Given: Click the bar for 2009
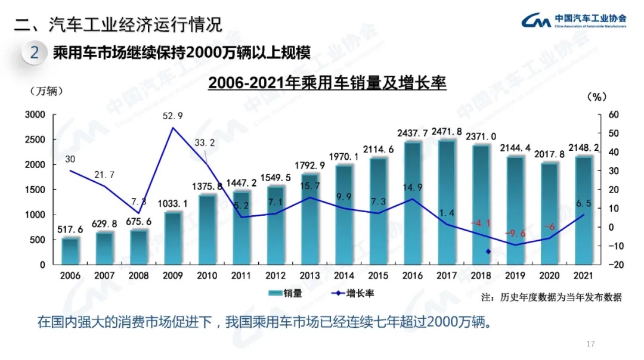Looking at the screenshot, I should click(173, 238).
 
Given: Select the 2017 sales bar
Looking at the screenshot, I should click(447, 203).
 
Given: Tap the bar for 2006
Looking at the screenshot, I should click(70, 251).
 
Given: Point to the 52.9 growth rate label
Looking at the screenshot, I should click(173, 116).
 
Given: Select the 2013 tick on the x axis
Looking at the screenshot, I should click(309, 275).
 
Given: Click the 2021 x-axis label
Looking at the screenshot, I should click(583, 275).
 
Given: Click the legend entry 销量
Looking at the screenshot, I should click(286, 293).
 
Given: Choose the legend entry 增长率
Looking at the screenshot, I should click(352, 293).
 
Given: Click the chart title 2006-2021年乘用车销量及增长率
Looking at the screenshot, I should click(327, 82).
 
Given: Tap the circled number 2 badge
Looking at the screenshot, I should click(35, 52).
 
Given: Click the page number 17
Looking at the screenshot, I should click(591, 344).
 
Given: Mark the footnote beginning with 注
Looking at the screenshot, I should click(552, 297).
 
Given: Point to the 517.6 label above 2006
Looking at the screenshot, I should click(70, 229).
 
